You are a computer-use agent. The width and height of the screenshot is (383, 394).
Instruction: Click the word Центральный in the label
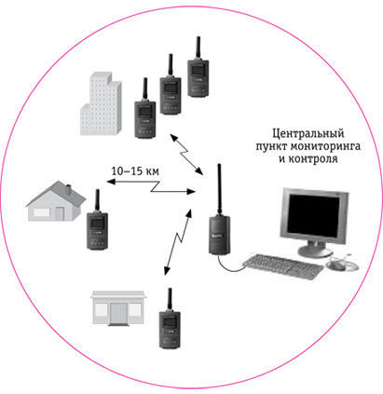pos(308,134)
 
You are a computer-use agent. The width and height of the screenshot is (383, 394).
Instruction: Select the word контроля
pos(313,159)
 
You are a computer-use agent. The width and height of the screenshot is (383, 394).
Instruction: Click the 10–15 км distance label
pos(135,171)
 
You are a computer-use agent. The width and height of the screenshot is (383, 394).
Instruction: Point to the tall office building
pos(101,104)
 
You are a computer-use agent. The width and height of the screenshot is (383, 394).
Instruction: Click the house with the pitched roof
pos(56,201)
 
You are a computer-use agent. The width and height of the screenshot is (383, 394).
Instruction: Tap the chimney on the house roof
pos(69,189)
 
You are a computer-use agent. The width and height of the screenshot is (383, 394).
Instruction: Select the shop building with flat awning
pos(118,308)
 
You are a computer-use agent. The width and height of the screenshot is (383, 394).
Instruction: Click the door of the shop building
pos(118,314)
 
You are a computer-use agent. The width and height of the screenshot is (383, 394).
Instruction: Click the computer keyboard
pos(282,266)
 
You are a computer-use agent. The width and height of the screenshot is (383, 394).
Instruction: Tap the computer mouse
pos(336,265)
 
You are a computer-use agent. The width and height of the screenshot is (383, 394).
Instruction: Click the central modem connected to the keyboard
pos(220,235)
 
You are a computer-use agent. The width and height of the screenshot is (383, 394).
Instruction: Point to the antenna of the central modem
pos(219,189)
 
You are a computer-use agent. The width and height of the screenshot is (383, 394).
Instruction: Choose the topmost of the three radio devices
pos(198,67)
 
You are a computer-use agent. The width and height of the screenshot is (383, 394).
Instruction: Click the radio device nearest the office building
pos(145,108)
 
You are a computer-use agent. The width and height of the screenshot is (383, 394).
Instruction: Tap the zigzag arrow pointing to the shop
pos(178,242)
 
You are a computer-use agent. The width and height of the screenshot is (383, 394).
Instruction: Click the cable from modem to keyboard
pos(229,268)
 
